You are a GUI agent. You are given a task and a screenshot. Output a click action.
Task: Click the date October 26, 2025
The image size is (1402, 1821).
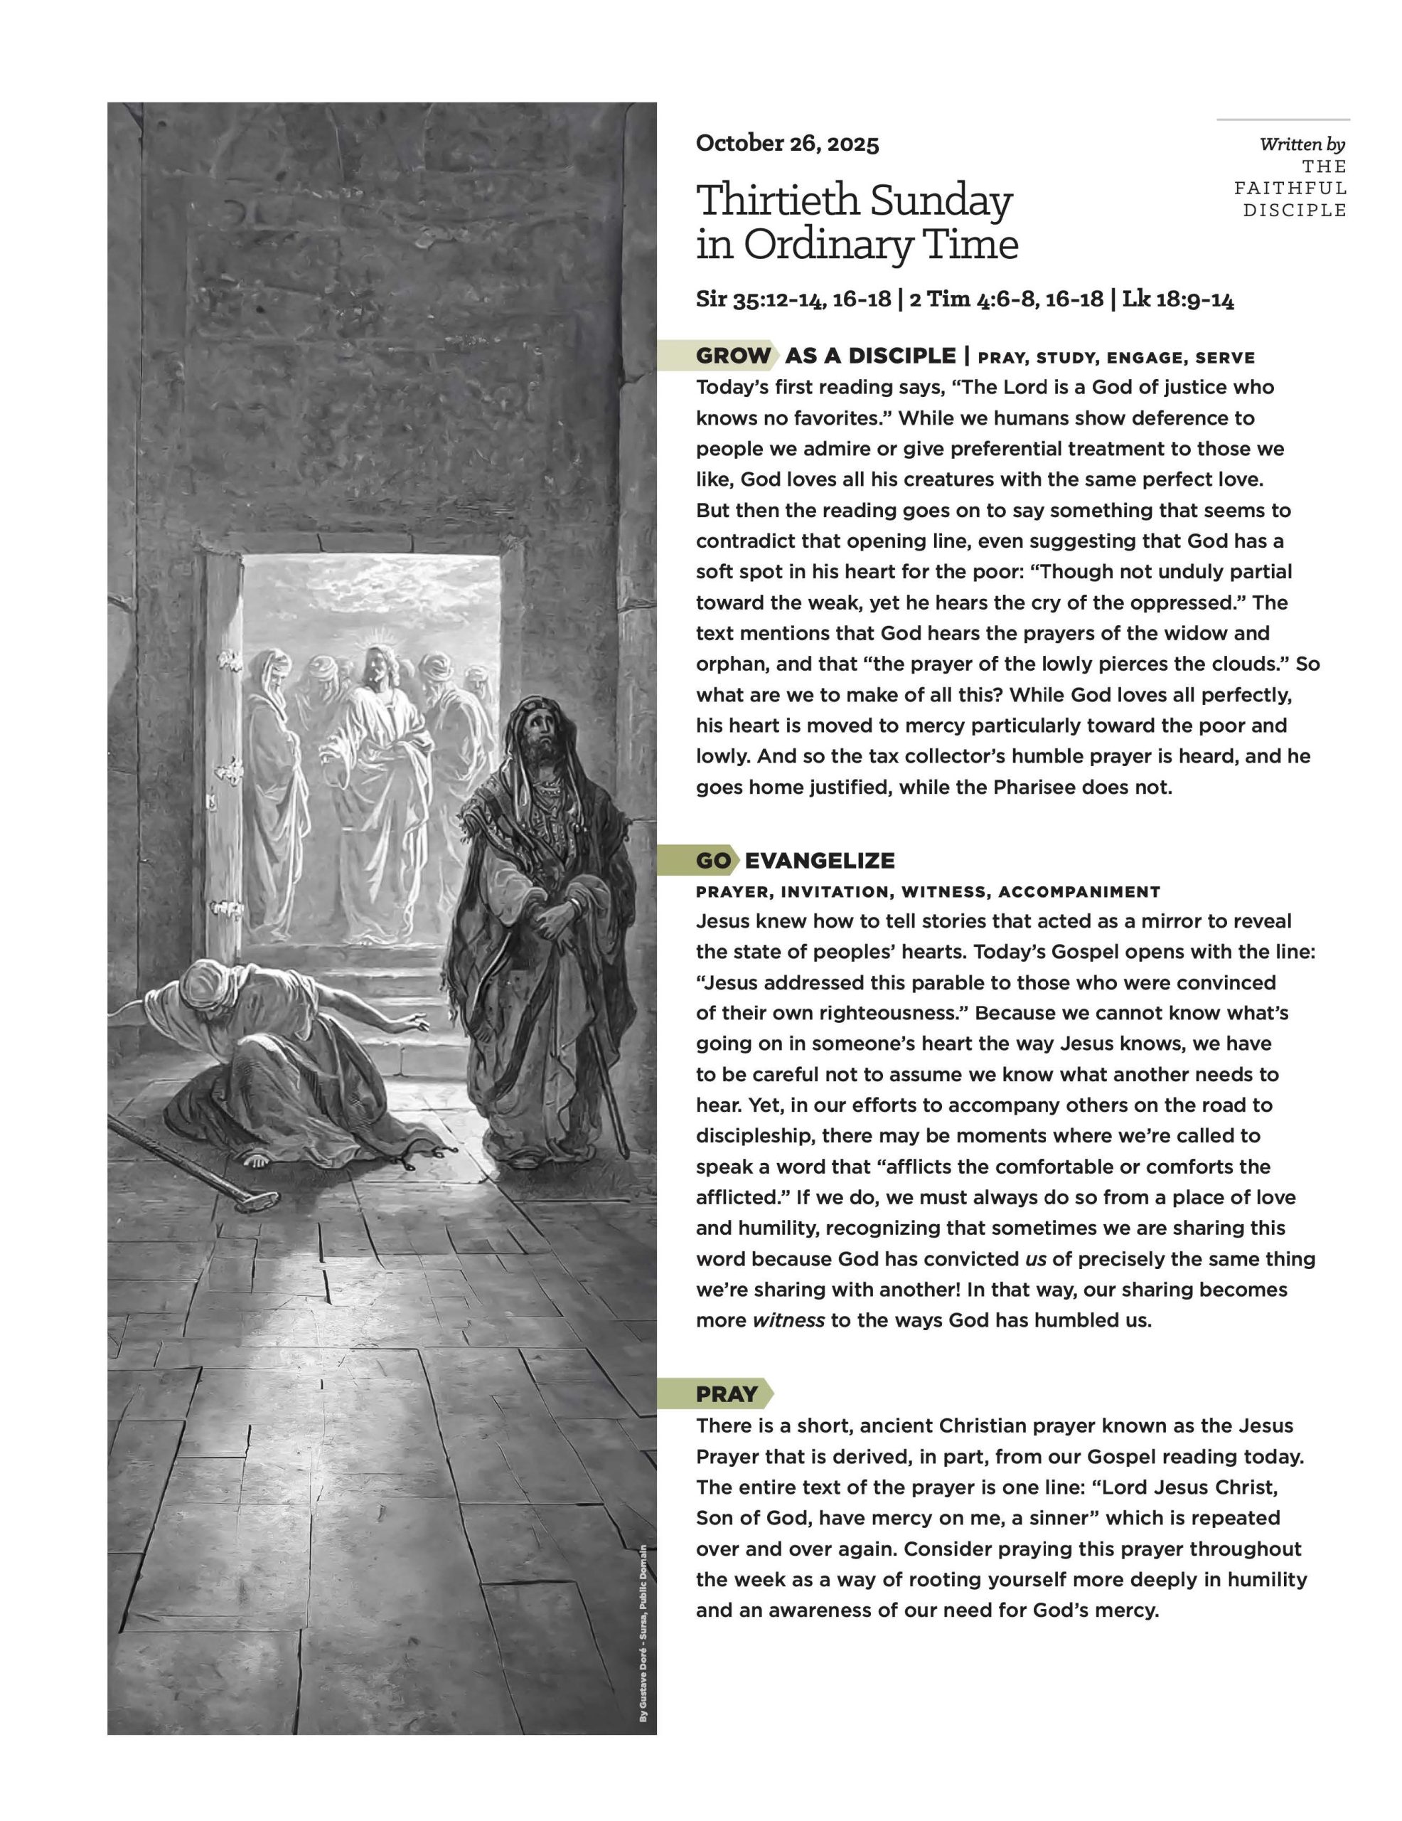(x=787, y=144)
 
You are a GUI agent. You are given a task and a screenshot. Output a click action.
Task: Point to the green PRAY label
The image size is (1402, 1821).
(x=726, y=1393)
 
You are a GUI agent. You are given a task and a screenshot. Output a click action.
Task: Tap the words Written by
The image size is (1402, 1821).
(x=1302, y=144)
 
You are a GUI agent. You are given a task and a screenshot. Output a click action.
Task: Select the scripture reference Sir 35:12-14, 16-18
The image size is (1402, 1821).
(x=793, y=299)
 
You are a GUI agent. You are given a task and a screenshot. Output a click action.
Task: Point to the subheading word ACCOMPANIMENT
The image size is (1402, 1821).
(x=1079, y=891)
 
